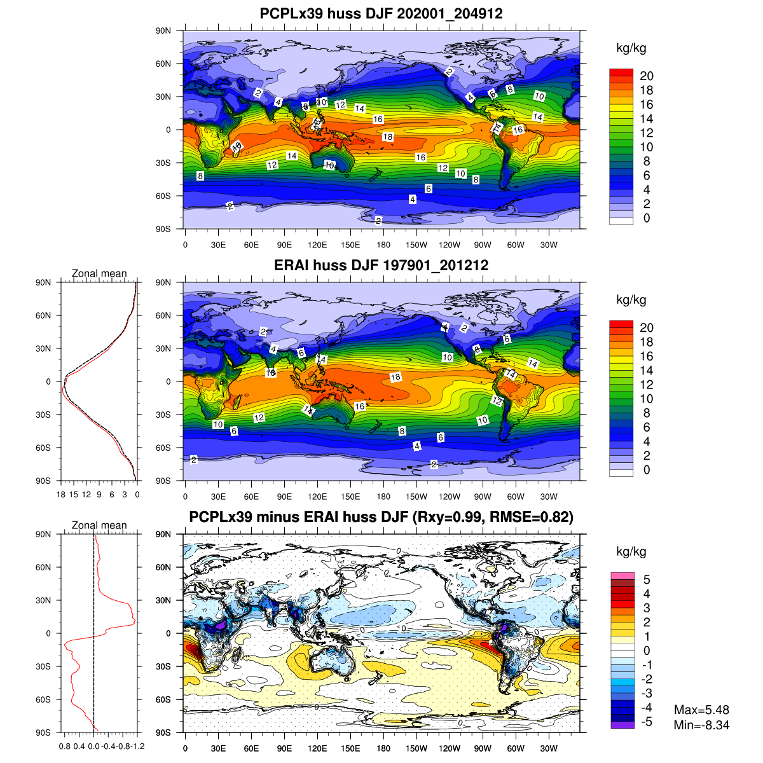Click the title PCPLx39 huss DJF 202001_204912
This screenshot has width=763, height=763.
click(x=381, y=13)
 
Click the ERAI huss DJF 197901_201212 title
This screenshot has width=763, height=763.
click(x=381, y=265)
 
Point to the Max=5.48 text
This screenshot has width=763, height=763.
click(x=701, y=710)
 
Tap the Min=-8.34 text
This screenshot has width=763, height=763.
click(x=701, y=725)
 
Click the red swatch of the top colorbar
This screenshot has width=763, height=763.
click(x=621, y=73)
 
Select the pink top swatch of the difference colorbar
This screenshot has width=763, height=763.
click(x=622, y=575)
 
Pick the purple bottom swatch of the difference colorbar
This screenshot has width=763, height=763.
click(x=622, y=724)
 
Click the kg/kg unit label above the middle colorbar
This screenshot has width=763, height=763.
click(x=631, y=300)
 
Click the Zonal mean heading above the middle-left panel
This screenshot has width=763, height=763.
click(x=99, y=273)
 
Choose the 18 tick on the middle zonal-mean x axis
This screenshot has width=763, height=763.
click(x=61, y=495)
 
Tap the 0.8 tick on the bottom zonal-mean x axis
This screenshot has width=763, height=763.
click(x=64, y=746)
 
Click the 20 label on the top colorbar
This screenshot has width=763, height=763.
click(x=647, y=76)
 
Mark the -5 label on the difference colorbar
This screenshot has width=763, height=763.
click(x=645, y=722)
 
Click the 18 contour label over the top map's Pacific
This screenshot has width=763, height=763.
click(x=388, y=137)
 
